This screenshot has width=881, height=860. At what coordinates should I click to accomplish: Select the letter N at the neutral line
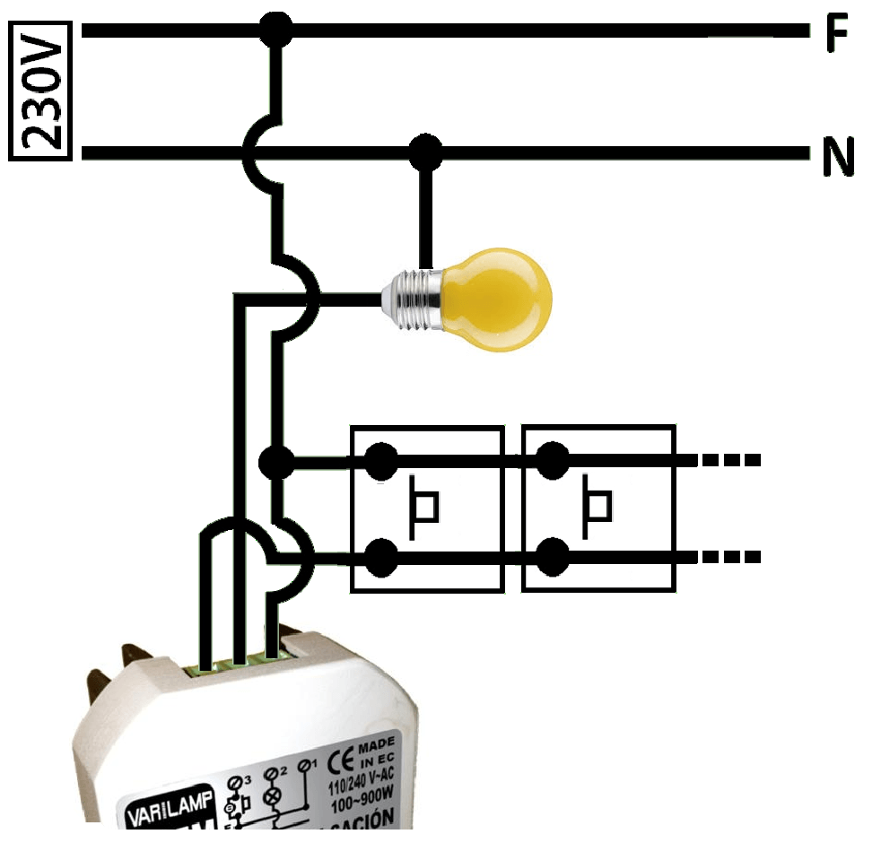click(838, 159)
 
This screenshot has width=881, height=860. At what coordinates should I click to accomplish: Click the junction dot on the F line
click(275, 30)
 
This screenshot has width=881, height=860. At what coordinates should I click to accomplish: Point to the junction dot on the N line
click(425, 153)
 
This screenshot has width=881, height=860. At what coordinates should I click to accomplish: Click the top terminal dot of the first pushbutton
click(381, 462)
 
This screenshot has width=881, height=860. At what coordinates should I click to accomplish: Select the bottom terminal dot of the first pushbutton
click(381, 556)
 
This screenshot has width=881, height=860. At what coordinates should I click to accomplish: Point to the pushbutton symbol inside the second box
click(597, 508)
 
